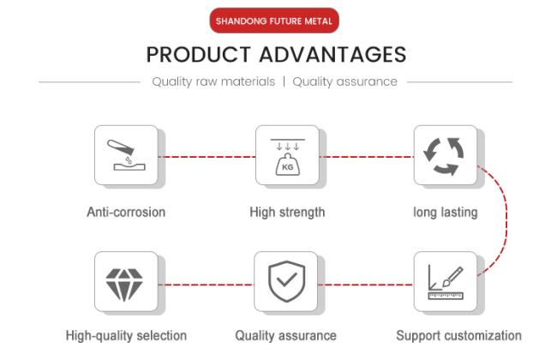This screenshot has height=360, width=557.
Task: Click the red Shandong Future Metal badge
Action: pos(274,21)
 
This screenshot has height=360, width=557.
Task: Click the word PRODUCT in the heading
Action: pos(199,55)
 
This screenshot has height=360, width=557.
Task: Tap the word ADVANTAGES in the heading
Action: pos(332,55)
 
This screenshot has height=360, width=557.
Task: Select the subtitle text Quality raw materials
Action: pos(213,81)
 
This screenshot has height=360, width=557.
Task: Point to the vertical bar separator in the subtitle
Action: pos(284,81)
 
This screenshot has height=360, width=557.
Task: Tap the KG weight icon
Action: pos(288,157)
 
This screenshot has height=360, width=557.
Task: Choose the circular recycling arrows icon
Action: pos(444,156)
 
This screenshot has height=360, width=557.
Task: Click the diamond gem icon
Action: pos(124,285)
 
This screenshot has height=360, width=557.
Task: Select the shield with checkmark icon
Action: pos(287,281)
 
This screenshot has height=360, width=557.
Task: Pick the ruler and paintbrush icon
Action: pos(446,283)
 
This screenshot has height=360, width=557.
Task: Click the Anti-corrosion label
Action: pos(126,213)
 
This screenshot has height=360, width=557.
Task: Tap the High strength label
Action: pos(287,213)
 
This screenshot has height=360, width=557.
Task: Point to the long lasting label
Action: pos(446,213)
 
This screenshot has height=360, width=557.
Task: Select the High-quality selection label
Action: pos(127,336)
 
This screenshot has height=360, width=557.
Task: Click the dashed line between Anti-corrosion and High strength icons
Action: pos(207,157)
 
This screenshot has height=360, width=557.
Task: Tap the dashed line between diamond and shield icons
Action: pos(206,285)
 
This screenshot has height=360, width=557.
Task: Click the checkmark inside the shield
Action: pos(287,279)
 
